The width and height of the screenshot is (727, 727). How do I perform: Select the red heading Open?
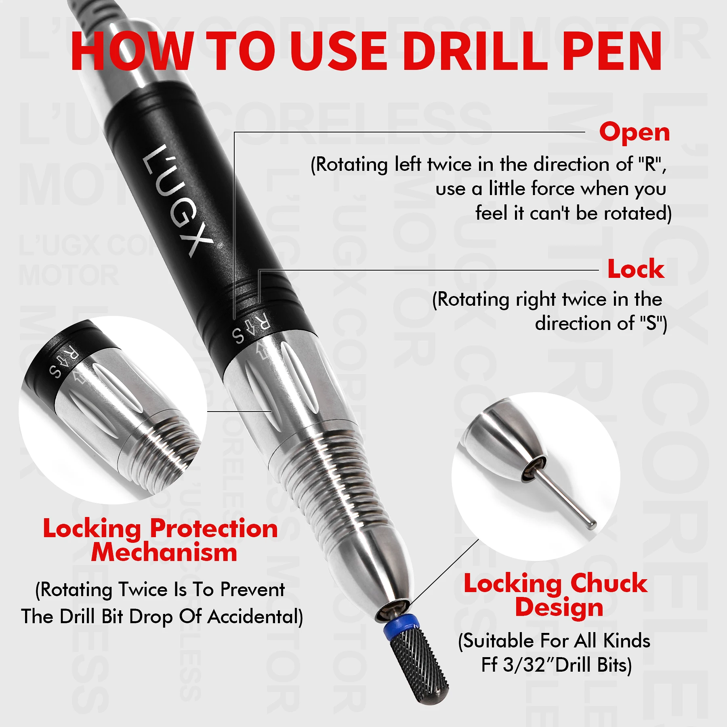click(634, 132)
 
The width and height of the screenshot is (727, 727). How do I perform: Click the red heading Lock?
click(636, 269)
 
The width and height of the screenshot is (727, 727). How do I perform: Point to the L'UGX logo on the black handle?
click(178, 200)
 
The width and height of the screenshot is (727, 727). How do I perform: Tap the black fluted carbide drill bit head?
click(420, 666)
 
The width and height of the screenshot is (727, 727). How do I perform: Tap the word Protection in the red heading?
click(214, 529)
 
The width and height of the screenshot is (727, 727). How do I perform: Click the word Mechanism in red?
click(164, 553)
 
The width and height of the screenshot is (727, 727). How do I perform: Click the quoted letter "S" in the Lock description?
click(651, 323)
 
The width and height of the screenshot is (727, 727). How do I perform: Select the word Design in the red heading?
click(559, 607)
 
